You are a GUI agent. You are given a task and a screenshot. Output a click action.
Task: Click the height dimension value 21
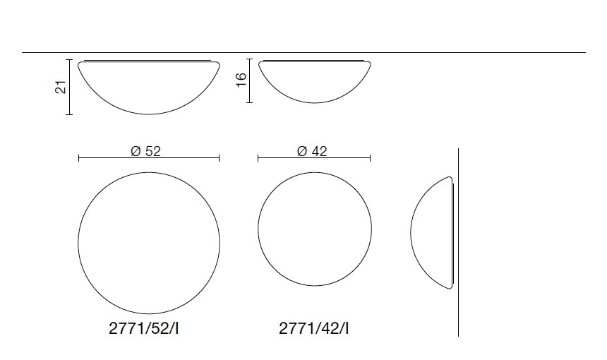[61, 87]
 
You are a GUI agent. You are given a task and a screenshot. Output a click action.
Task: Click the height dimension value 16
[241, 80]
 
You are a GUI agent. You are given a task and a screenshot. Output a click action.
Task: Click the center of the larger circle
[149, 240]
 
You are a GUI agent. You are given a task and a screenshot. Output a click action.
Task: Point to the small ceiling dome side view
[314, 79]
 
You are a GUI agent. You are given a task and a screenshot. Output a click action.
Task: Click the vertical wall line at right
[459, 282]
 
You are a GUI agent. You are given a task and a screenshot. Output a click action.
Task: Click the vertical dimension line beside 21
[70, 87]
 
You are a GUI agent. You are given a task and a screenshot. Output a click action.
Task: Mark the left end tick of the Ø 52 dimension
[78, 158]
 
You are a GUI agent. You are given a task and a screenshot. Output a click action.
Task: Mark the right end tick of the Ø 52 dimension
[220, 158]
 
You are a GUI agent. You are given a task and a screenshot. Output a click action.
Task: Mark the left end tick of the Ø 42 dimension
[258, 158]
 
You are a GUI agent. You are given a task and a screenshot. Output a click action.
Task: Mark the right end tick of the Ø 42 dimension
[371, 158]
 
